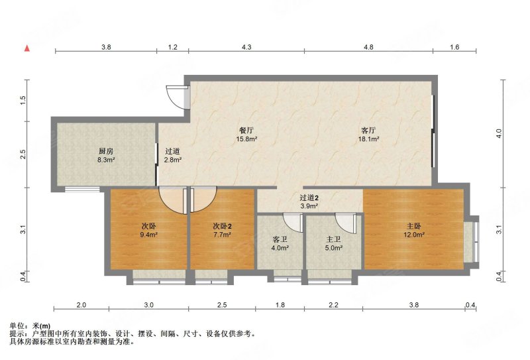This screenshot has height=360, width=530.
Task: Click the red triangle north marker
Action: pyautogui.click(x=27, y=48)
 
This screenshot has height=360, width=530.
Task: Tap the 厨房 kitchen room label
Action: pyautogui.click(x=106, y=151)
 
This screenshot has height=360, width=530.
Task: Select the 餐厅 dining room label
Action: pyautogui.click(x=246, y=130)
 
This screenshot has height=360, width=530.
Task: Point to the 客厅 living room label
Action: pyautogui.click(x=368, y=130)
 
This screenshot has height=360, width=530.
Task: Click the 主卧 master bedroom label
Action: pyautogui.click(x=414, y=226)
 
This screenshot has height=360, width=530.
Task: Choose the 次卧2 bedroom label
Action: pyautogui.click(x=222, y=226)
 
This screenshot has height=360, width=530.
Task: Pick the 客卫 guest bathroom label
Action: pyautogui.click(x=280, y=239)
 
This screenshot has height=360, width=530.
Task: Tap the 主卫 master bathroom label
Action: pyautogui.click(x=333, y=239)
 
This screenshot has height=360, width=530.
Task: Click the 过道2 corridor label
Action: pyautogui.click(x=309, y=198)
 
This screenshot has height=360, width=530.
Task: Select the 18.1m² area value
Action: pyautogui.click(x=368, y=139)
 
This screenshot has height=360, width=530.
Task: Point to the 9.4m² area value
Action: pyautogui.click(x=148, y=234)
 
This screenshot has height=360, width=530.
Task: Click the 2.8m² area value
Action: pyautogui.click(x=173, y=160)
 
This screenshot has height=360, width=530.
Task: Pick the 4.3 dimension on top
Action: pyautogui.click(x=246, y=47)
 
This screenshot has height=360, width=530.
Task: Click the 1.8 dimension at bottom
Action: pyautogui.click(x=280, y=305)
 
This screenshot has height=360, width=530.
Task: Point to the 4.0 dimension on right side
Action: pyautogui.click(x=499, y=133)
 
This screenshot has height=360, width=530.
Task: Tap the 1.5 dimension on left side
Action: pyautogui.click(x=23, y=100)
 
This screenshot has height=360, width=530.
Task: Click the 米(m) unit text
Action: pyautogui.click(x=41, y=326)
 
